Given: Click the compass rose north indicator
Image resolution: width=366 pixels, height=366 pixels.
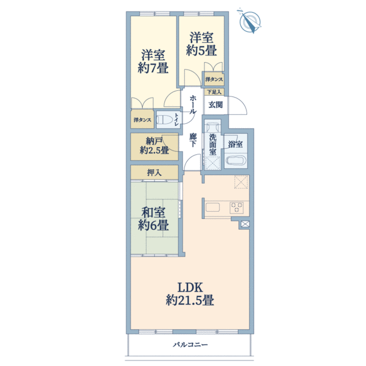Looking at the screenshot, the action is pyautogui.click(x=249, y=21).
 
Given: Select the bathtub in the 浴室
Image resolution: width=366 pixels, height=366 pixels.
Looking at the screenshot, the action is pyautogui.click(x=236, y=161).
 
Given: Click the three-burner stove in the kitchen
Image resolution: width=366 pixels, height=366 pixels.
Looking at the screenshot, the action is pyautogui.click(x=237, y=207).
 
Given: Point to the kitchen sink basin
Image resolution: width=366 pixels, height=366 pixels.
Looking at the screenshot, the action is pyautogui.click(x=212, y=207).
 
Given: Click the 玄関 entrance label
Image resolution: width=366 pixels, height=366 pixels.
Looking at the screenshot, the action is pyautogui.click(x=215, y=105).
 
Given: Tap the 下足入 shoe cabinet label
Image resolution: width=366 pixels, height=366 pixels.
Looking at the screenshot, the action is pyautogui.click(x=214, y=91).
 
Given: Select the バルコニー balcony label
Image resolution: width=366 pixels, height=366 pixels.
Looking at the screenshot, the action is pyautogui.click(x=190, y=345).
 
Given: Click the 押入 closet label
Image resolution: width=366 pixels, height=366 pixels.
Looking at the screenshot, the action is pyautogui.click(x=154, y=173).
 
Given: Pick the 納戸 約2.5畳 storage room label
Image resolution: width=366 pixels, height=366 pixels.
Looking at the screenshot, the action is pyautogui.click(x=154, y=146).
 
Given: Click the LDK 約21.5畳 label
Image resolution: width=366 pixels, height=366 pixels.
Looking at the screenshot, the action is pyautogui.click(x=190, y=294).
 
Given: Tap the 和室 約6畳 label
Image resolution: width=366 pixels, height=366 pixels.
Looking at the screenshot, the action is pyautogui.click(x=153, y=219).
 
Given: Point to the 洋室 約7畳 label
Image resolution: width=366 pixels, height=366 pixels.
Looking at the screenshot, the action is pyautogui.click(x=153, y=62).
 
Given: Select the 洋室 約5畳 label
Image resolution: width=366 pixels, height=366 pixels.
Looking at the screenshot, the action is pyautogui.click(x=201, y=44).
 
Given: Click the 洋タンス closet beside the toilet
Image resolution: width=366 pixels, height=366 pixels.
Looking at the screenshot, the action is pyautogui.click(x=142, y=120).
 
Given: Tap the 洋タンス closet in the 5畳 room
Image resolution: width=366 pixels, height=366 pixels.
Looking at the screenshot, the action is pyautogui.click(x=214, y=79).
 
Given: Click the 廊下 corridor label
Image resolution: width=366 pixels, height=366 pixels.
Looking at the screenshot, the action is pyautogui.click(x=193, y=140).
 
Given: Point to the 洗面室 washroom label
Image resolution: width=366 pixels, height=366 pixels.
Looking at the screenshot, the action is pyautogui.click(x=212, y=145).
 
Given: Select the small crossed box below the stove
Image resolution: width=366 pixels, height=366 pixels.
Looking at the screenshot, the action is pyautogui.click(x=245, y=224).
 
